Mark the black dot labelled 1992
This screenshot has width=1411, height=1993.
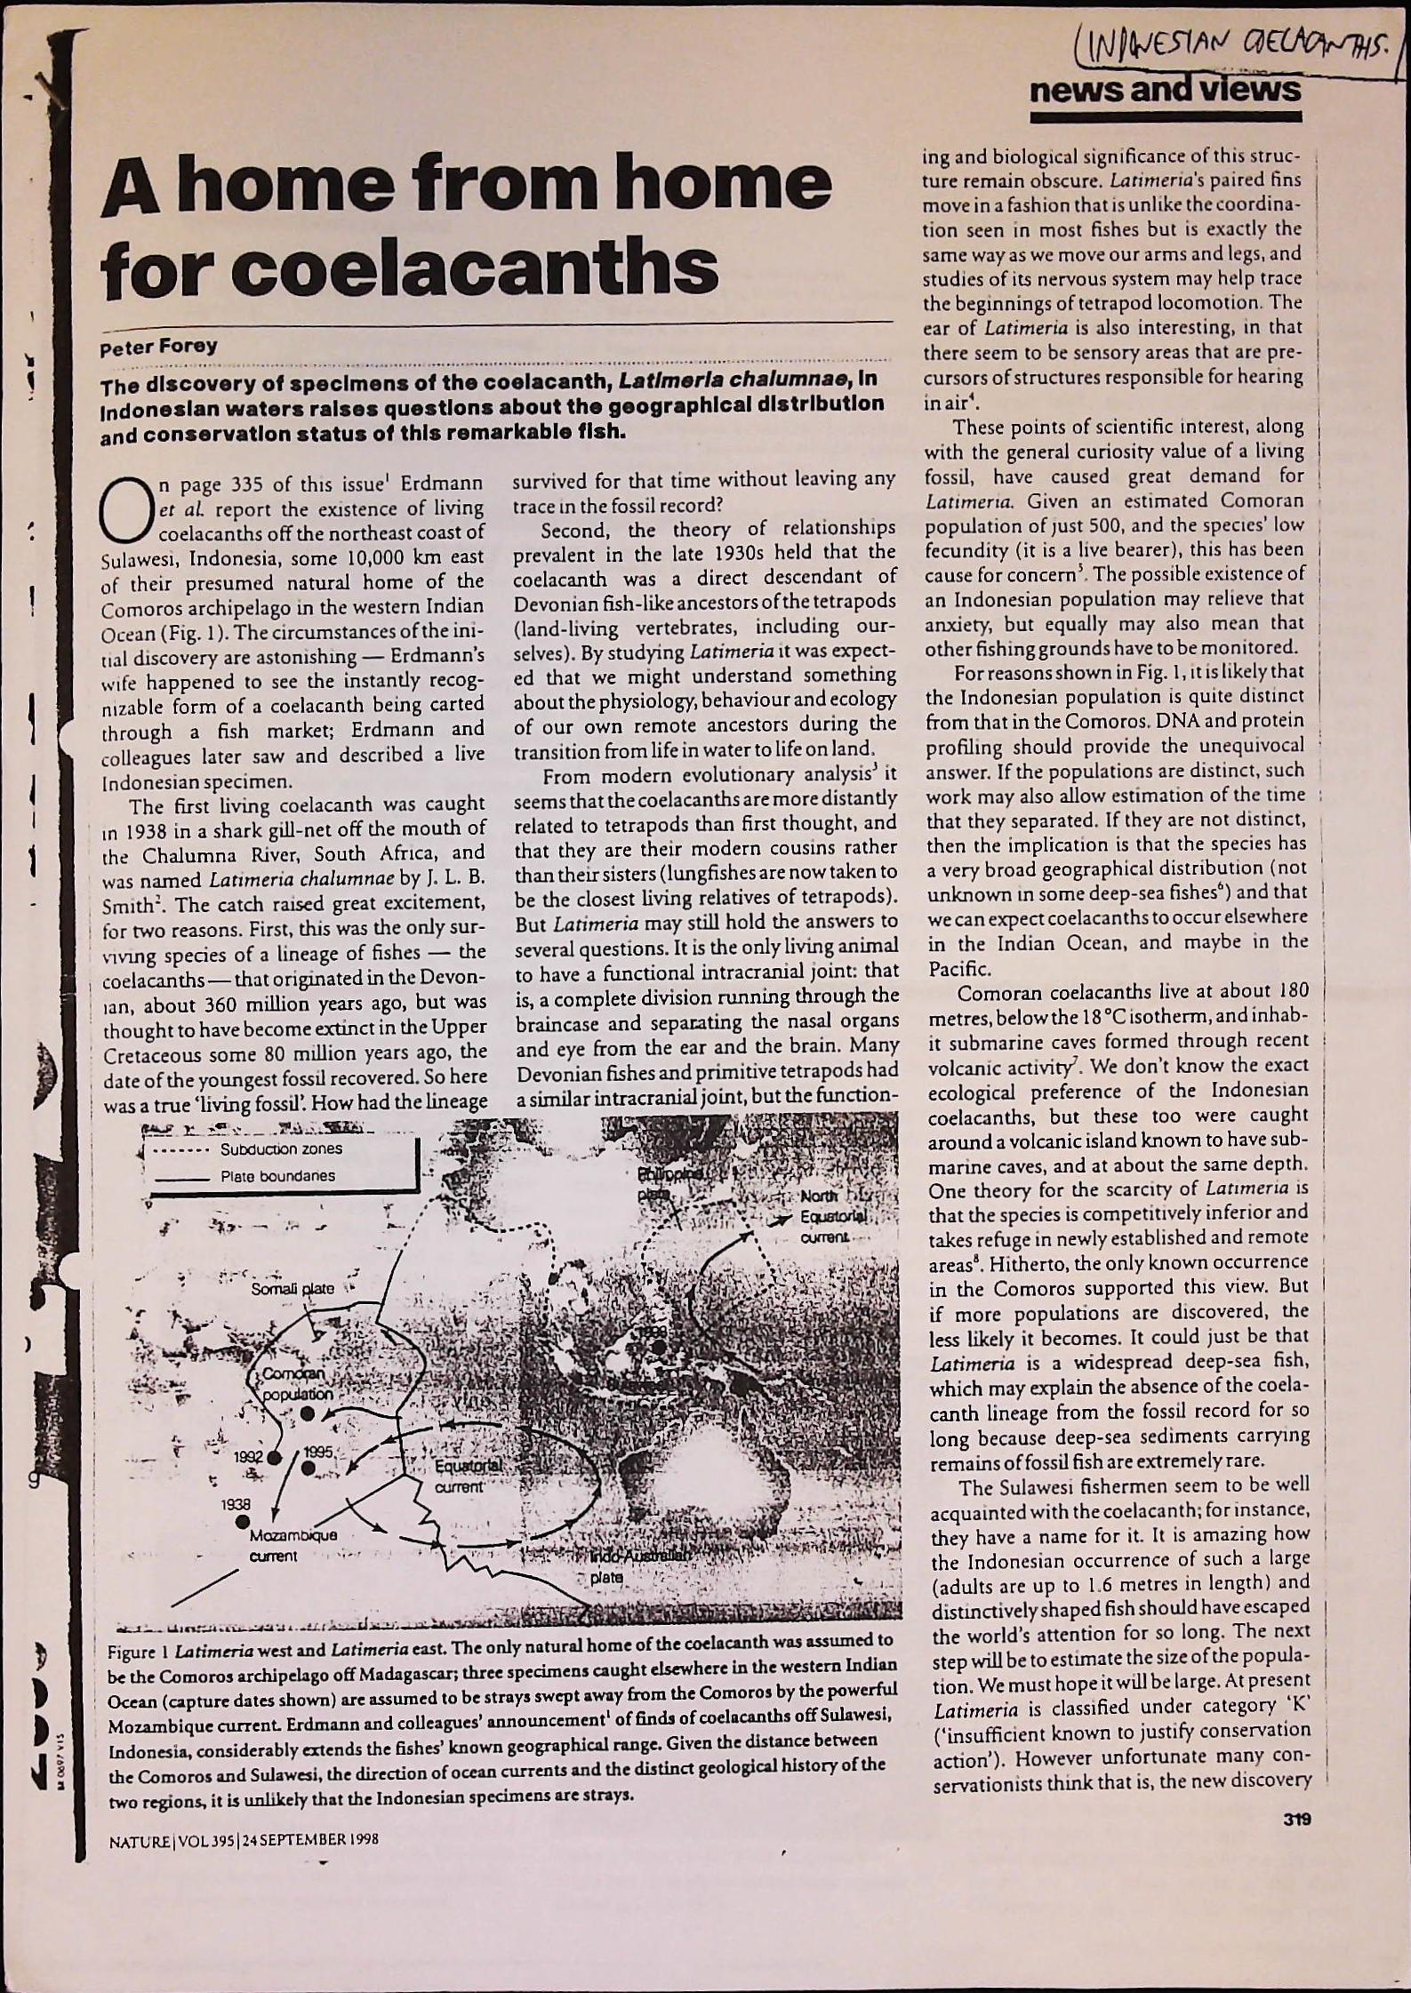point(275,1457)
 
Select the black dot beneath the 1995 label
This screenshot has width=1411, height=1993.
point(307,1468)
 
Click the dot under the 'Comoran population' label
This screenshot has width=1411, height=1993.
point(308,1413)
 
